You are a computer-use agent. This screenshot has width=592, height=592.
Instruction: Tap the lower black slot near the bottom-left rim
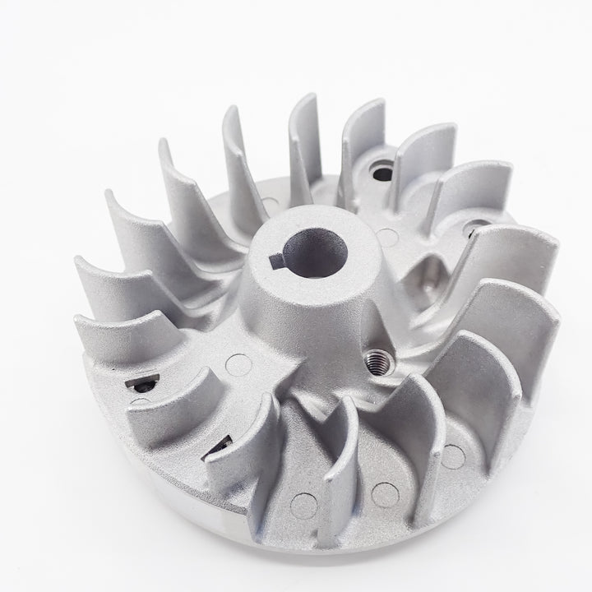tap(220, 446)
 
